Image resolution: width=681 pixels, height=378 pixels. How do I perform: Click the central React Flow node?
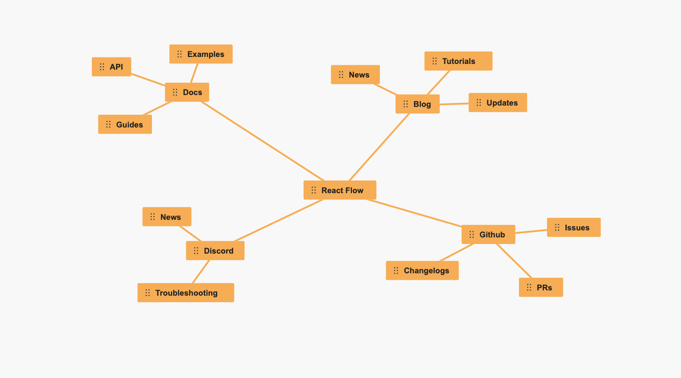click(x=340, y=190)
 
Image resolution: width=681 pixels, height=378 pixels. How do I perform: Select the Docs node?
click(x=187, y=92)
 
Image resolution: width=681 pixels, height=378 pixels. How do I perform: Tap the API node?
click(x=111, y=67)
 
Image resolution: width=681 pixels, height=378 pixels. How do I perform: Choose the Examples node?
click(x=201, y=54)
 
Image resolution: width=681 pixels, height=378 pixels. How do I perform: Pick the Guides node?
click(x=125, y=124)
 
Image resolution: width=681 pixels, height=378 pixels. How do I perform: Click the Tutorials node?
click(x=459, y=61)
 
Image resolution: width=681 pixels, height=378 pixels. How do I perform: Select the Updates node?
click(x=498, y=102)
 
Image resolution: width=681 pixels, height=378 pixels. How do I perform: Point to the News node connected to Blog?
click(x=356, y=74)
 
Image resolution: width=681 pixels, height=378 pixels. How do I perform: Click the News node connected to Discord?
click(x=167, y=217)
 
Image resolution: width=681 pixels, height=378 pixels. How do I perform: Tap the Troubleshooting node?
click(x=186, y=293)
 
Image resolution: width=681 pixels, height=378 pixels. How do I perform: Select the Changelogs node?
click(x=422, y=270)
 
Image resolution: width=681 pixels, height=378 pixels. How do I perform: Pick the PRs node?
click(x=541, y=287)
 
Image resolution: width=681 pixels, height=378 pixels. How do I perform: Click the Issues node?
click(x=574, y=227)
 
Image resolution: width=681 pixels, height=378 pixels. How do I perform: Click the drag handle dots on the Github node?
click(x=472, y=234)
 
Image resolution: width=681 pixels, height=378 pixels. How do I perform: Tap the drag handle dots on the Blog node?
click(x=406, y=104)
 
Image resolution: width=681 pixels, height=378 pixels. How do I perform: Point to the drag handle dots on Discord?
click(x=196, y=251)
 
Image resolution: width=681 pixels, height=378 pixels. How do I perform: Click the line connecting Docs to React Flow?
click(x=263, y=141)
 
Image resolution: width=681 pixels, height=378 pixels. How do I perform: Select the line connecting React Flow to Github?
click(x=414, y=213)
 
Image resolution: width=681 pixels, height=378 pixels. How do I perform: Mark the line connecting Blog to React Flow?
click(x=379, y=147)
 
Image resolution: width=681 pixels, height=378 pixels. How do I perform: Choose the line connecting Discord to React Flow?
click(x=279, y=220)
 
